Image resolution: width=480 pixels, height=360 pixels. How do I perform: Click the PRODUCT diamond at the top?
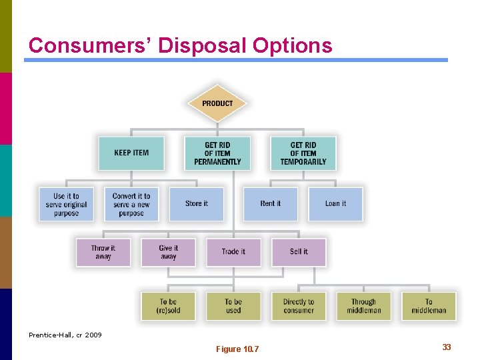pyautogui.click(x=217, y=103)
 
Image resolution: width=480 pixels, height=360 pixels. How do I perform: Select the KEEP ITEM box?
pyautogui.click(x=131, y=153)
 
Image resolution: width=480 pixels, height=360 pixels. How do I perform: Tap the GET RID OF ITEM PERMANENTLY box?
pyautogui.click(x=217, y=153)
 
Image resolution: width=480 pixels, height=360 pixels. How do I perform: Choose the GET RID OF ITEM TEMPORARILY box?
pyautogui.click(x=303, y=153)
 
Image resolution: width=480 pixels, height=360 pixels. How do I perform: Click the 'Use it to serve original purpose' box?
pyautogui.click(x=66, y=204)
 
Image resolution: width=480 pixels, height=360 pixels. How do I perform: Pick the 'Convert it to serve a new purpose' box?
pyautogui.click(x=131, y=204)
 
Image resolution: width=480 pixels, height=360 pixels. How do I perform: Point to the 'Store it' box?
pyautogui.click(x=197, y=204)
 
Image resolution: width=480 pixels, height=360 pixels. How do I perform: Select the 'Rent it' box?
pyautogui.click(x=270, y=204)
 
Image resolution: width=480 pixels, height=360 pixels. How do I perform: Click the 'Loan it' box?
pyautogui.click(x=335, y=204)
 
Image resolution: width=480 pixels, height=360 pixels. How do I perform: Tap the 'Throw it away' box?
pyautogui.click(x=103, y=252)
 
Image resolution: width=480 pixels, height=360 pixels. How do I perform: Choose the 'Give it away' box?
pyautogui.click(x=168, y=252)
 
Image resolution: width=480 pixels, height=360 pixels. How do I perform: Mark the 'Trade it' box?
pyautogui.click(x=233, y=252)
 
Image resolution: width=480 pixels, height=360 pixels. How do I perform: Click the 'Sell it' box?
pyautogui.click(x=299, y=252)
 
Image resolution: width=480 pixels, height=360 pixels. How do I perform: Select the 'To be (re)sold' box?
pyautogui.click(x=168, y=306)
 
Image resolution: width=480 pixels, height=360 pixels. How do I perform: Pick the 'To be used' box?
pyautogui.click(x=233, y=306)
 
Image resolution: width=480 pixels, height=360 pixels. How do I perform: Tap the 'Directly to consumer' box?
pyautogui.click(x=298, y=306)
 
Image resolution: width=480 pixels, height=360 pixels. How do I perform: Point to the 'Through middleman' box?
pyautogui.click(x=363, y=306)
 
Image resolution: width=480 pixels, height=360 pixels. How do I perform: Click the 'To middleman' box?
pyautogui.click(x=429, y=306)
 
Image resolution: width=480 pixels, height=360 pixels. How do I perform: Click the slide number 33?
pyautogui.click(x=447, y=347)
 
